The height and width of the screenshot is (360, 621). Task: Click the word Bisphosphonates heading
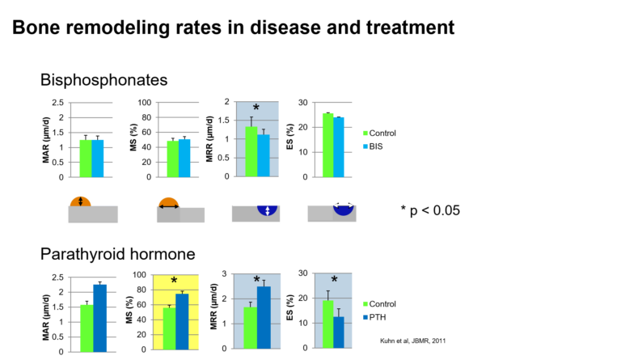click(103, 80)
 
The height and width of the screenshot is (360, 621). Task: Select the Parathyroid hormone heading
click(117, 254)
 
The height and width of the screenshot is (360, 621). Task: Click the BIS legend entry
click(373, 146)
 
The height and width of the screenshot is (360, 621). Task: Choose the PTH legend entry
click(374, 317)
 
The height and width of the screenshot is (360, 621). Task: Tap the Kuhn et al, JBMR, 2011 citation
click(412, 341)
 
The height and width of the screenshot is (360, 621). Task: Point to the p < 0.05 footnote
click(430, 210)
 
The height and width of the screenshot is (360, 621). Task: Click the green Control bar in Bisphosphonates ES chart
click(328, 145)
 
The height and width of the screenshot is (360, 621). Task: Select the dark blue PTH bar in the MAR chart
click(99, 319)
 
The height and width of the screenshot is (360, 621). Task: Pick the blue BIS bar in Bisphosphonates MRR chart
click(264, 155)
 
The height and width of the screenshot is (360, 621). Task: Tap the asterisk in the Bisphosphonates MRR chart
click(256, 108)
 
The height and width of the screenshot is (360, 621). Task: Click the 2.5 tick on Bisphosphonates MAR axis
click(58, 103)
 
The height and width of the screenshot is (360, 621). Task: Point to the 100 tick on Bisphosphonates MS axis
click(145, 103)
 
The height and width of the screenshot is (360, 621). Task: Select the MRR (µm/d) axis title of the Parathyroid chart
click(213, 307)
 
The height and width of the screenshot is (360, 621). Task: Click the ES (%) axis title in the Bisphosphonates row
click(290, 137)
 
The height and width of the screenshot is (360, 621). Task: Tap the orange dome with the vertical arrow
click(80, 201)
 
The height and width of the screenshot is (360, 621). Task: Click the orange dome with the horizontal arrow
click(169, 203)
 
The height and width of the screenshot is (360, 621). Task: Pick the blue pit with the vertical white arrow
click(268, 210)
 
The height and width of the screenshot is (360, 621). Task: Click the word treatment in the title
click(410, 28)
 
